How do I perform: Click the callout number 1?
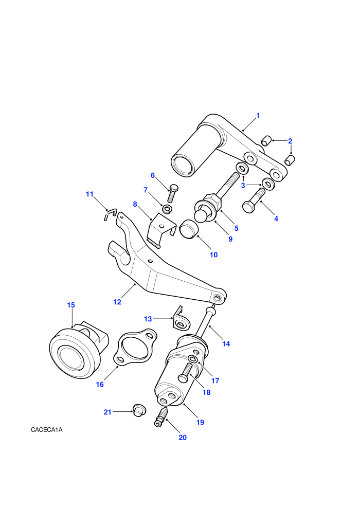[258, 115]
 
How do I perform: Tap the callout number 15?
[71, 305]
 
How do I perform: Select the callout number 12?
[117, 302]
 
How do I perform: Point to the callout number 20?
[183, 438]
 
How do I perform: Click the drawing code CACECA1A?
[47, 430]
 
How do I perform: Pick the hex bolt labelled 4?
[254, 201]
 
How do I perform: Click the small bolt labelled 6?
[172, 194]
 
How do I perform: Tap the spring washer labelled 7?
[167, 209]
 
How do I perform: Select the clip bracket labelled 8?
[160, 229]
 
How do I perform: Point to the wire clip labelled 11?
[110, 214]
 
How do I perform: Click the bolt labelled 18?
[187, 372]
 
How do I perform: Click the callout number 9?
[230, 239]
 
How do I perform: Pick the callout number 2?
[290, 141]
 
